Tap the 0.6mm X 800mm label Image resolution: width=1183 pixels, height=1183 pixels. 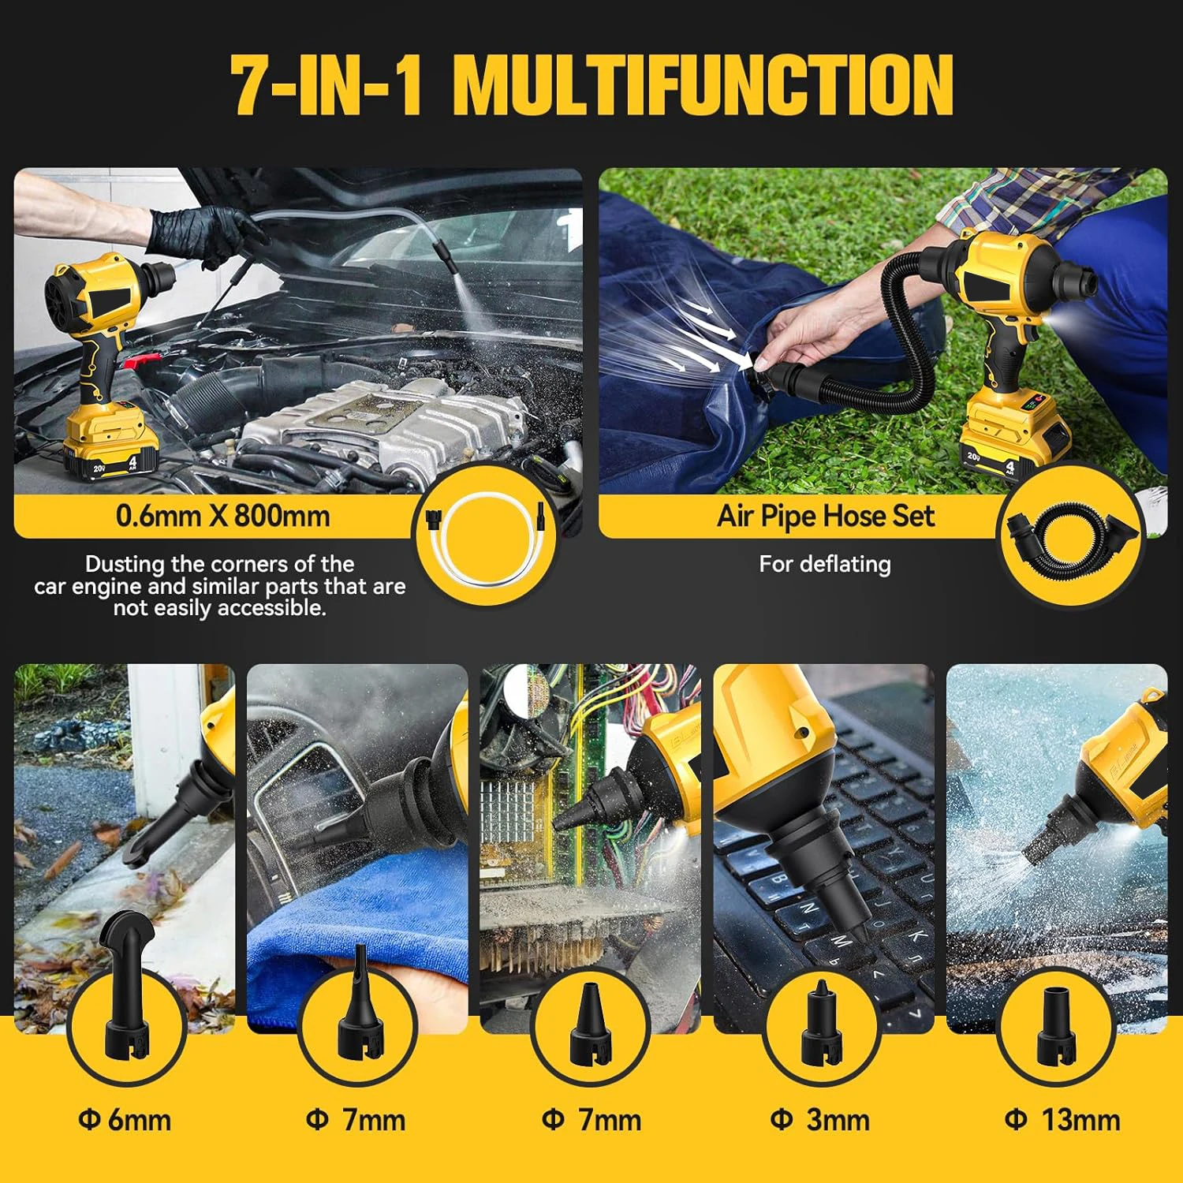pyautogui.click(x=223, y=516)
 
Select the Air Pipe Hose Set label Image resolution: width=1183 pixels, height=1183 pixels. pyautogui.click(x=825, y=516)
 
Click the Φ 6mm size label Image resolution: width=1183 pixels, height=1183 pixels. pyautogui.click(x=125, y=1120)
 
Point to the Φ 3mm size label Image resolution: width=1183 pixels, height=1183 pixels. pyautogui.click(x=819, y=1120)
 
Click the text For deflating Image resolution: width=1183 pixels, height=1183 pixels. pyautogui.click(x=825, y=564)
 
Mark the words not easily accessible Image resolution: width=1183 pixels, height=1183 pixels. pyautogui.click(x=219, y=608)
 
